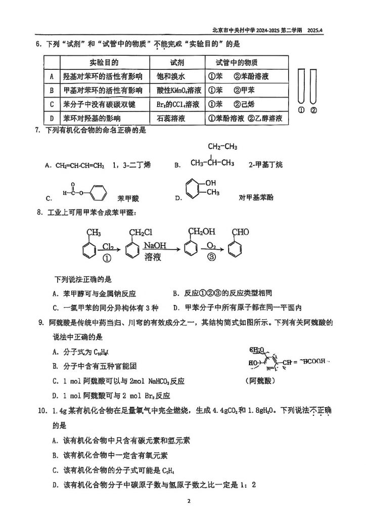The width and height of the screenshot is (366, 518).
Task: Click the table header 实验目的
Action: point(104,63)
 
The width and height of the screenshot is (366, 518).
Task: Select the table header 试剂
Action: point(177,63)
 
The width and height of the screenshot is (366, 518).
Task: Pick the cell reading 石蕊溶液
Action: point(171,118)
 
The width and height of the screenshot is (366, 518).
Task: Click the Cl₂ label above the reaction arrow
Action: point(108,246)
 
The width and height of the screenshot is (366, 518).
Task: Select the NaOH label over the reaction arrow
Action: point(155,245)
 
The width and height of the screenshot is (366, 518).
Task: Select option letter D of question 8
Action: point(175,307)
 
